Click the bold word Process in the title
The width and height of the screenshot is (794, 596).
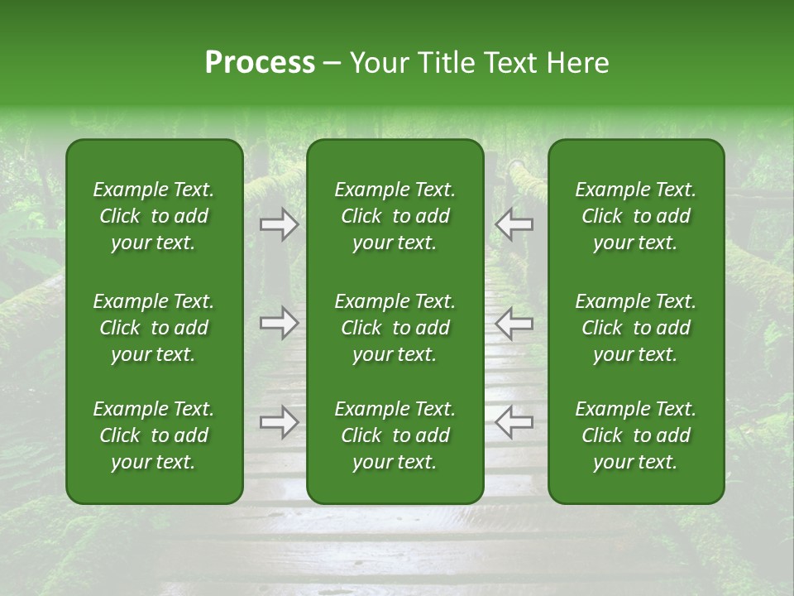point(260,63)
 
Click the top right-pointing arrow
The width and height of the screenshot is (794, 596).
point(280,223)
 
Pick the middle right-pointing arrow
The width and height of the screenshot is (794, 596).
point(280,323)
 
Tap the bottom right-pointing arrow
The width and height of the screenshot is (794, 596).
point(280,422)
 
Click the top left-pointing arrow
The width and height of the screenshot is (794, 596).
point(514,223)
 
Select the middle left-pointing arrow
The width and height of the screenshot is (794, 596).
point(514,323)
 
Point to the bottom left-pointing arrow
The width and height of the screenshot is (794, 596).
point(514,422)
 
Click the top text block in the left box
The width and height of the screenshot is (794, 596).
point(154,216)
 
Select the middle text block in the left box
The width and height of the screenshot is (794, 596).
point(154,328)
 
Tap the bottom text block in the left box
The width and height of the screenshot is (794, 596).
point(154,435)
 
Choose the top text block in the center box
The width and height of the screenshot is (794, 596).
point(395,216)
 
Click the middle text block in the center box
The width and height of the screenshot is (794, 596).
point(395,328)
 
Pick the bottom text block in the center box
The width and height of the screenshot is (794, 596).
point(395,435)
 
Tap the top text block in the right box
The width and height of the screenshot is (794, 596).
point(636,216)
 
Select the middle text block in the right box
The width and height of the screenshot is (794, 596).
point(636,328)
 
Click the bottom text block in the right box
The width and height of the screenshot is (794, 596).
point(636,435)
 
